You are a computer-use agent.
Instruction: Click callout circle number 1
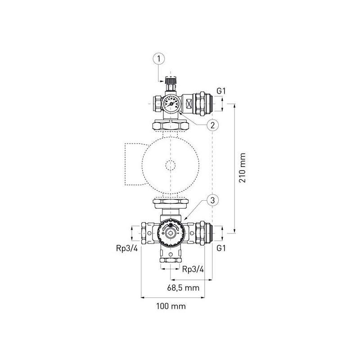159,59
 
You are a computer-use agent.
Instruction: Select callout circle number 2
212,125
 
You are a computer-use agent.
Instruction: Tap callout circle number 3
212,200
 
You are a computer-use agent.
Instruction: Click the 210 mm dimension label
243,168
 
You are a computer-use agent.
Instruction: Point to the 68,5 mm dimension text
183,288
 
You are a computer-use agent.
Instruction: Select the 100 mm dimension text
171,306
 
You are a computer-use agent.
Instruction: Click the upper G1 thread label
221,91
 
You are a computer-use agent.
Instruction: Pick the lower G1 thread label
221,248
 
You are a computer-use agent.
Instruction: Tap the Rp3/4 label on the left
127,248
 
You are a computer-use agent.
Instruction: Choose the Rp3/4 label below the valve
193,269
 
